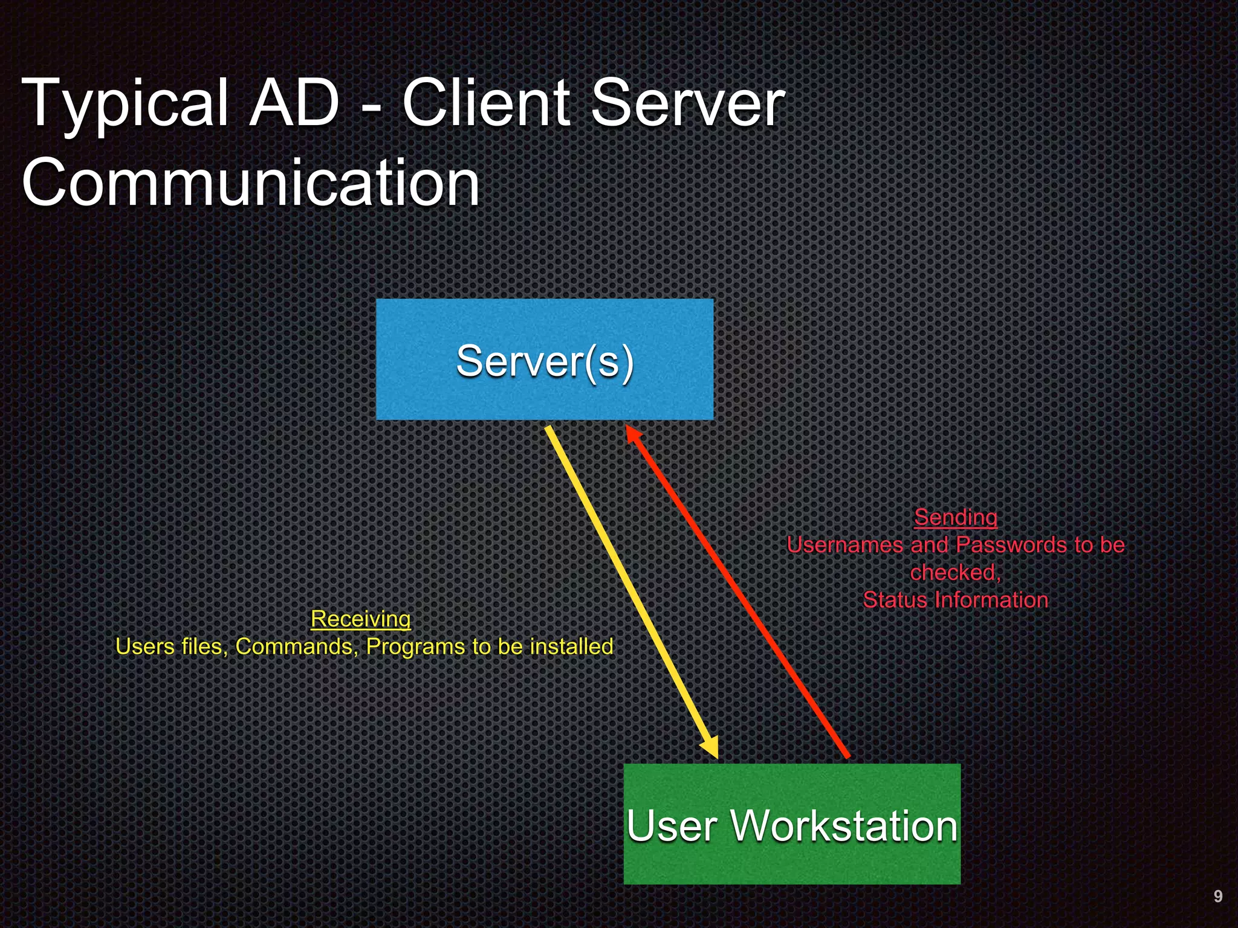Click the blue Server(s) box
[x=544, y=359]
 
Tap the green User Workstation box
[x=792, y=824]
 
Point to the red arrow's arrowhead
[x=632, y=434]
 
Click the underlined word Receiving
[x=360, y=619]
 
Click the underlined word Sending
[x=955, y=517]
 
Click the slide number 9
[x=1217, y=896]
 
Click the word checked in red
[x=954, y=572]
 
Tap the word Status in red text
[x=895, y=600]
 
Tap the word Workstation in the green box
[x=844, y=825]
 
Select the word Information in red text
[x=991, y=600]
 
